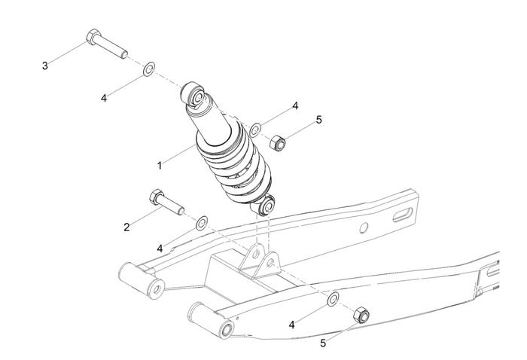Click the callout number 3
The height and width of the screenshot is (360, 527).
click(x=45, y=66)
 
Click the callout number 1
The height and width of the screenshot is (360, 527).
click(x=159, y=164)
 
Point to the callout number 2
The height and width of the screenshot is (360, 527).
click(x=127, y=226)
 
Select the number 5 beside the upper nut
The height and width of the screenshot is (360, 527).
click(x=318, y=120)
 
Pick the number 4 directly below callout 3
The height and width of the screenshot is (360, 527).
click(x=104, y=97)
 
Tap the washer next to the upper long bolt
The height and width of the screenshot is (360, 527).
click(x=149, y=70)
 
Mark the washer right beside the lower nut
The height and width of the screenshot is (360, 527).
click(x=332, y=301)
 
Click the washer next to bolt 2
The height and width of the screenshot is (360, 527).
click(x=202, y=223)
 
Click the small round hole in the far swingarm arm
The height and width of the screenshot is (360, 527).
click(x=363, y=227)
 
